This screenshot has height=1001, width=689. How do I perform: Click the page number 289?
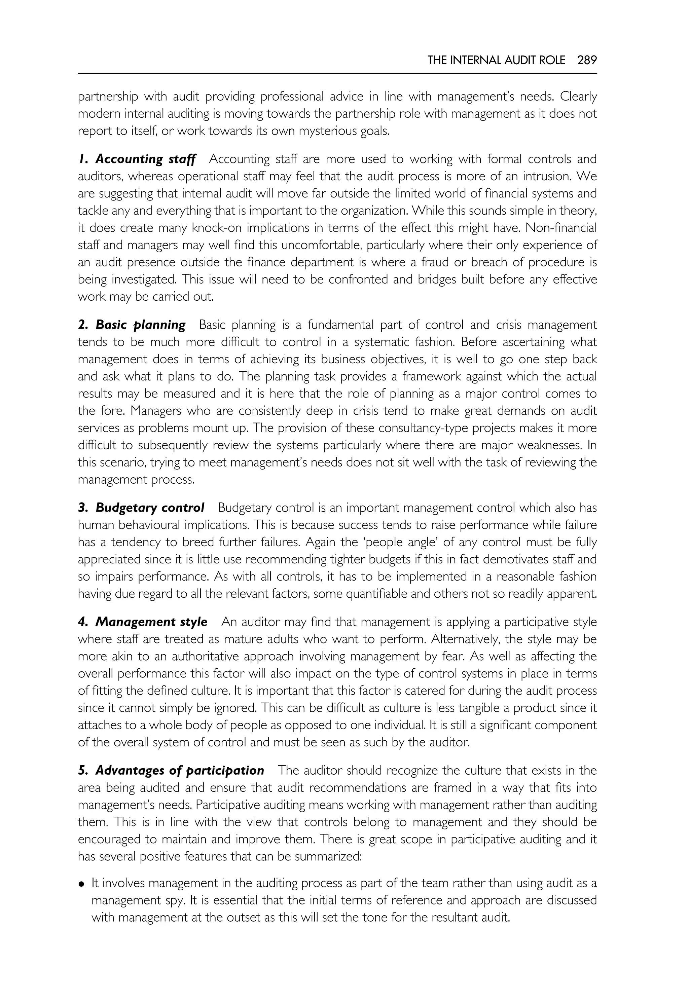coord(587,61)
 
